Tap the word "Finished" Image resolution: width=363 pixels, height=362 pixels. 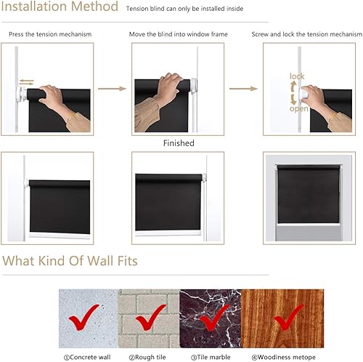pyautogui.click(x=179, y=143)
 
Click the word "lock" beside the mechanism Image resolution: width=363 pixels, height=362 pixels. pyautogui.click(x=297, y=76)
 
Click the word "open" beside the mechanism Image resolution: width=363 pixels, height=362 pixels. pyautogui.click(x=298, y=108)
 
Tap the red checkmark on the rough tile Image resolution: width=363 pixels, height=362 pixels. pyautogui.click(x=151, y=318)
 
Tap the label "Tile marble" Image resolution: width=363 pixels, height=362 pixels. pyautogui.click(x=210, y=356)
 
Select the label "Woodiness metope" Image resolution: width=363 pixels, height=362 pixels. pyautogui.click(x=274, y=356)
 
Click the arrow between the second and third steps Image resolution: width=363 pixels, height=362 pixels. pyautogui.click(x=239, y=89)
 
